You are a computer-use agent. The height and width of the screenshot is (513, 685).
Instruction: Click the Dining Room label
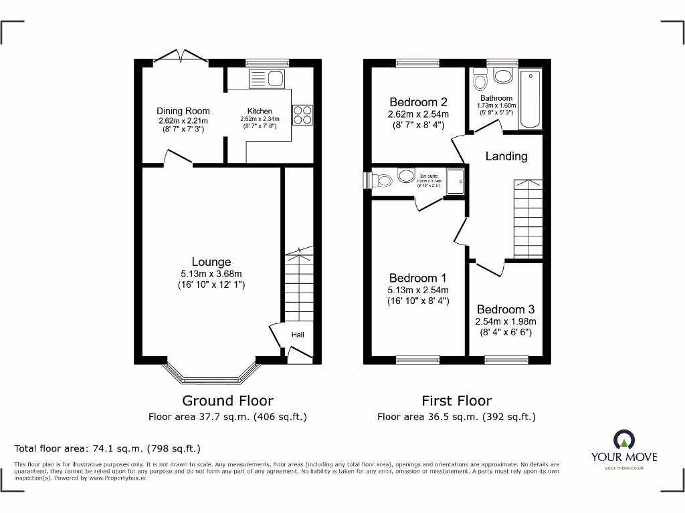point(183,111)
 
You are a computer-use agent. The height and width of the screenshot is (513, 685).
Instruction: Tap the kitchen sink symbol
point(267,79)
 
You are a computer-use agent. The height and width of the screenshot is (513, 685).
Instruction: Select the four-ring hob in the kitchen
point(302,115)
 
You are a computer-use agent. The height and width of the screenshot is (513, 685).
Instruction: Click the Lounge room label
point(211,262)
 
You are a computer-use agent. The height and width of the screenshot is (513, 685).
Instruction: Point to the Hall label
point(298,334)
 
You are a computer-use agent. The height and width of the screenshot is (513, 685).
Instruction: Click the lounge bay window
point(211,373)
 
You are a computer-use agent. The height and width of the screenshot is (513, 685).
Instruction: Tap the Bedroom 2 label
point(418,102)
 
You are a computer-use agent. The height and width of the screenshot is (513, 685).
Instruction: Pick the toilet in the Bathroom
point(479,81)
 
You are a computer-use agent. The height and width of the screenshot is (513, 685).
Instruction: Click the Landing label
point(506,156)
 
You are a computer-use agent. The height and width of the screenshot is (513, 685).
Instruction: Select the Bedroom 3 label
point(505,309)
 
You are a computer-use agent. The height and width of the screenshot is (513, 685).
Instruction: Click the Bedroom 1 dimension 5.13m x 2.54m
point(418,290)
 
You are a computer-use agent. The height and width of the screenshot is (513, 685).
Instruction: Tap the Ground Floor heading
point(228,401)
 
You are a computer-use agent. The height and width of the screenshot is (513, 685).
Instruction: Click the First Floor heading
point(456,401)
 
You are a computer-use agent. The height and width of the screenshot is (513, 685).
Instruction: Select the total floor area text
point(108,449)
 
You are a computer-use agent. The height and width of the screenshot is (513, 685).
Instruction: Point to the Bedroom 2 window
point(413,63)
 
